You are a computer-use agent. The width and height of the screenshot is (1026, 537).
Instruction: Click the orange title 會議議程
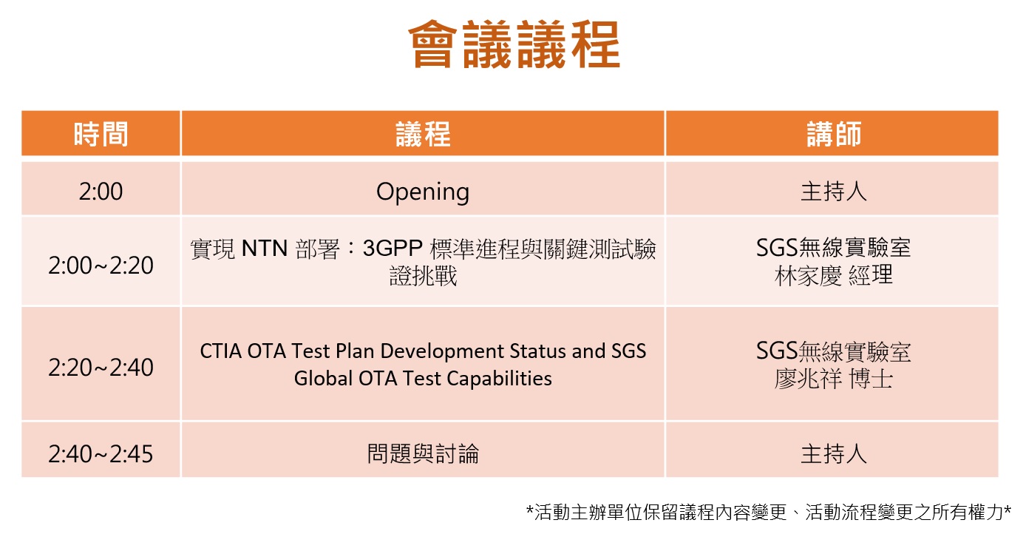[x=514, y=44]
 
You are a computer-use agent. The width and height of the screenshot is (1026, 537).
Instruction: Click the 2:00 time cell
[x=101, y=192]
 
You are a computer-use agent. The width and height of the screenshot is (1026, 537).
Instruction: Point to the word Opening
[x=423, y=192]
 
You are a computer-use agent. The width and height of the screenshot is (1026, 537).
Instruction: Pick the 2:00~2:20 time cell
[x=101, y=266]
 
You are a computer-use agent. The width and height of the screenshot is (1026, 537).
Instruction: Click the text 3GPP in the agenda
[x=393, y=249]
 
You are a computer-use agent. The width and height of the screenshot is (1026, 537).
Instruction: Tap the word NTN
[x=265, y=249]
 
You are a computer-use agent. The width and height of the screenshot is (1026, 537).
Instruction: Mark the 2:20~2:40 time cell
[x=101, y=368]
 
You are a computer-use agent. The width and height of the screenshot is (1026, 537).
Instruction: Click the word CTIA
[x=221, y=351]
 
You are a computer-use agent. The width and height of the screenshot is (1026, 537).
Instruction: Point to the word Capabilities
[x=499, y=379]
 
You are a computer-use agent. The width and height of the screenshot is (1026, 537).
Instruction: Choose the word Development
[x=442, y=352]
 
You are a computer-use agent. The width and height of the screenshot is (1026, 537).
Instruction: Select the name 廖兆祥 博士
[x=834, y=379]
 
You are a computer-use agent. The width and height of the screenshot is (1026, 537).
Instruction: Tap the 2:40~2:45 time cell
[x=101, y=454]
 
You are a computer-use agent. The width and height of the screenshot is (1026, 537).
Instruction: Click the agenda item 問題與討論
[x=423, y=454]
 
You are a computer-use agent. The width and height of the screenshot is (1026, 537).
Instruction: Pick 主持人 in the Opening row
[x=834, y=192]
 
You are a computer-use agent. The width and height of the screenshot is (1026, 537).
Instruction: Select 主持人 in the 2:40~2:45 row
[x=834, y=454]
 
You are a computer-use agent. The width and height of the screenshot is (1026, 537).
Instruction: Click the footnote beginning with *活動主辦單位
[x=769, y=513]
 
